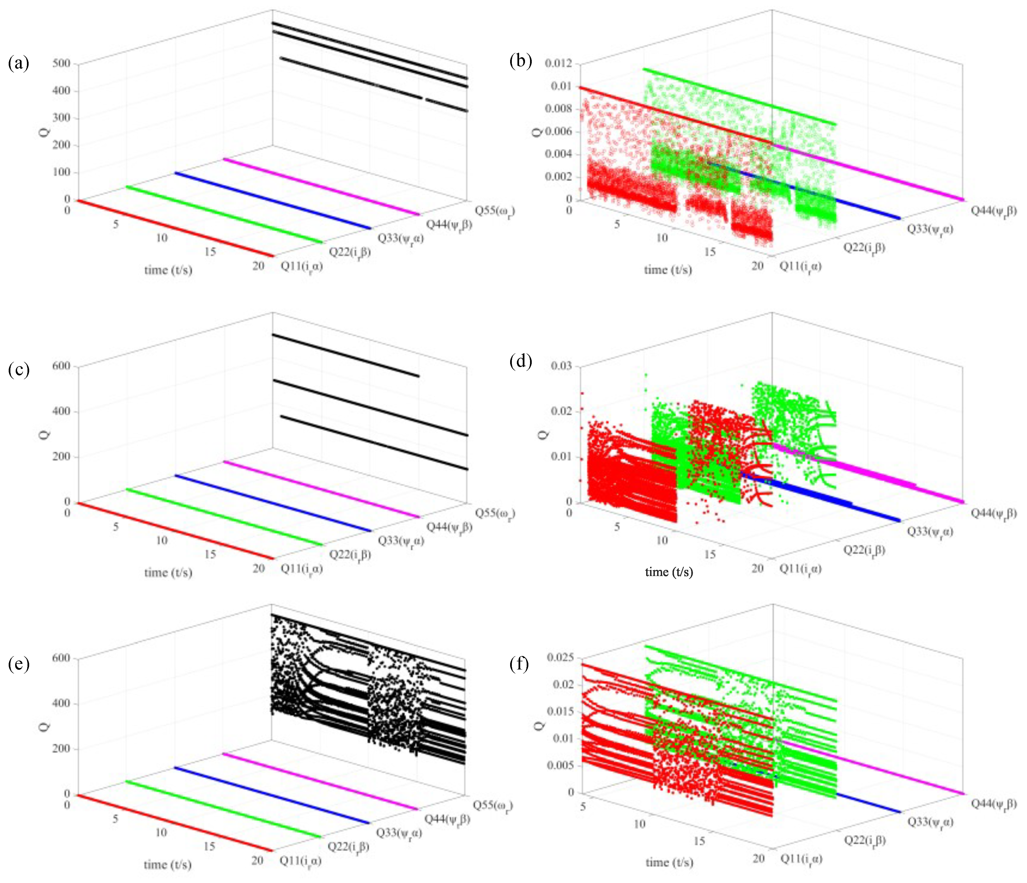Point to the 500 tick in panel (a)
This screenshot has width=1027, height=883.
pos(61,63)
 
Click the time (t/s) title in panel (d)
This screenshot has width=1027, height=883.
pos(669,572)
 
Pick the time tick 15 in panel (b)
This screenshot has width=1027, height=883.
pos(710,252)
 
